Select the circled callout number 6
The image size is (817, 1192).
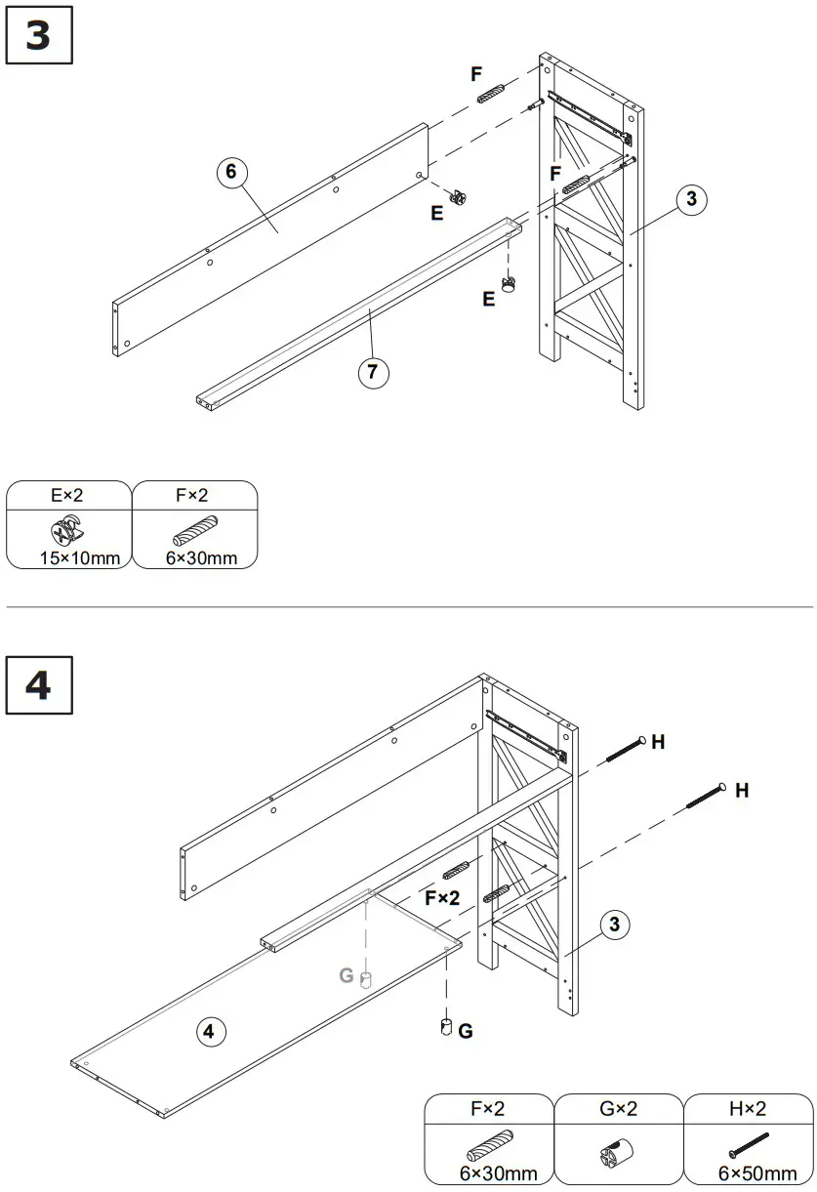[230, 173]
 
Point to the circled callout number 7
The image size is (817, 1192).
[373, 372]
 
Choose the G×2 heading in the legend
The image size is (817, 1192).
[618, 1109]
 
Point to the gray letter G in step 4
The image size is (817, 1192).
[346, 974]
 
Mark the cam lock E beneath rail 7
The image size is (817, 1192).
[509, 285]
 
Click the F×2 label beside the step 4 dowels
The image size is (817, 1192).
[441, 898]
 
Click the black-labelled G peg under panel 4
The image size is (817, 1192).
[444, 1027]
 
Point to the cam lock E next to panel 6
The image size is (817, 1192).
[458, 196]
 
